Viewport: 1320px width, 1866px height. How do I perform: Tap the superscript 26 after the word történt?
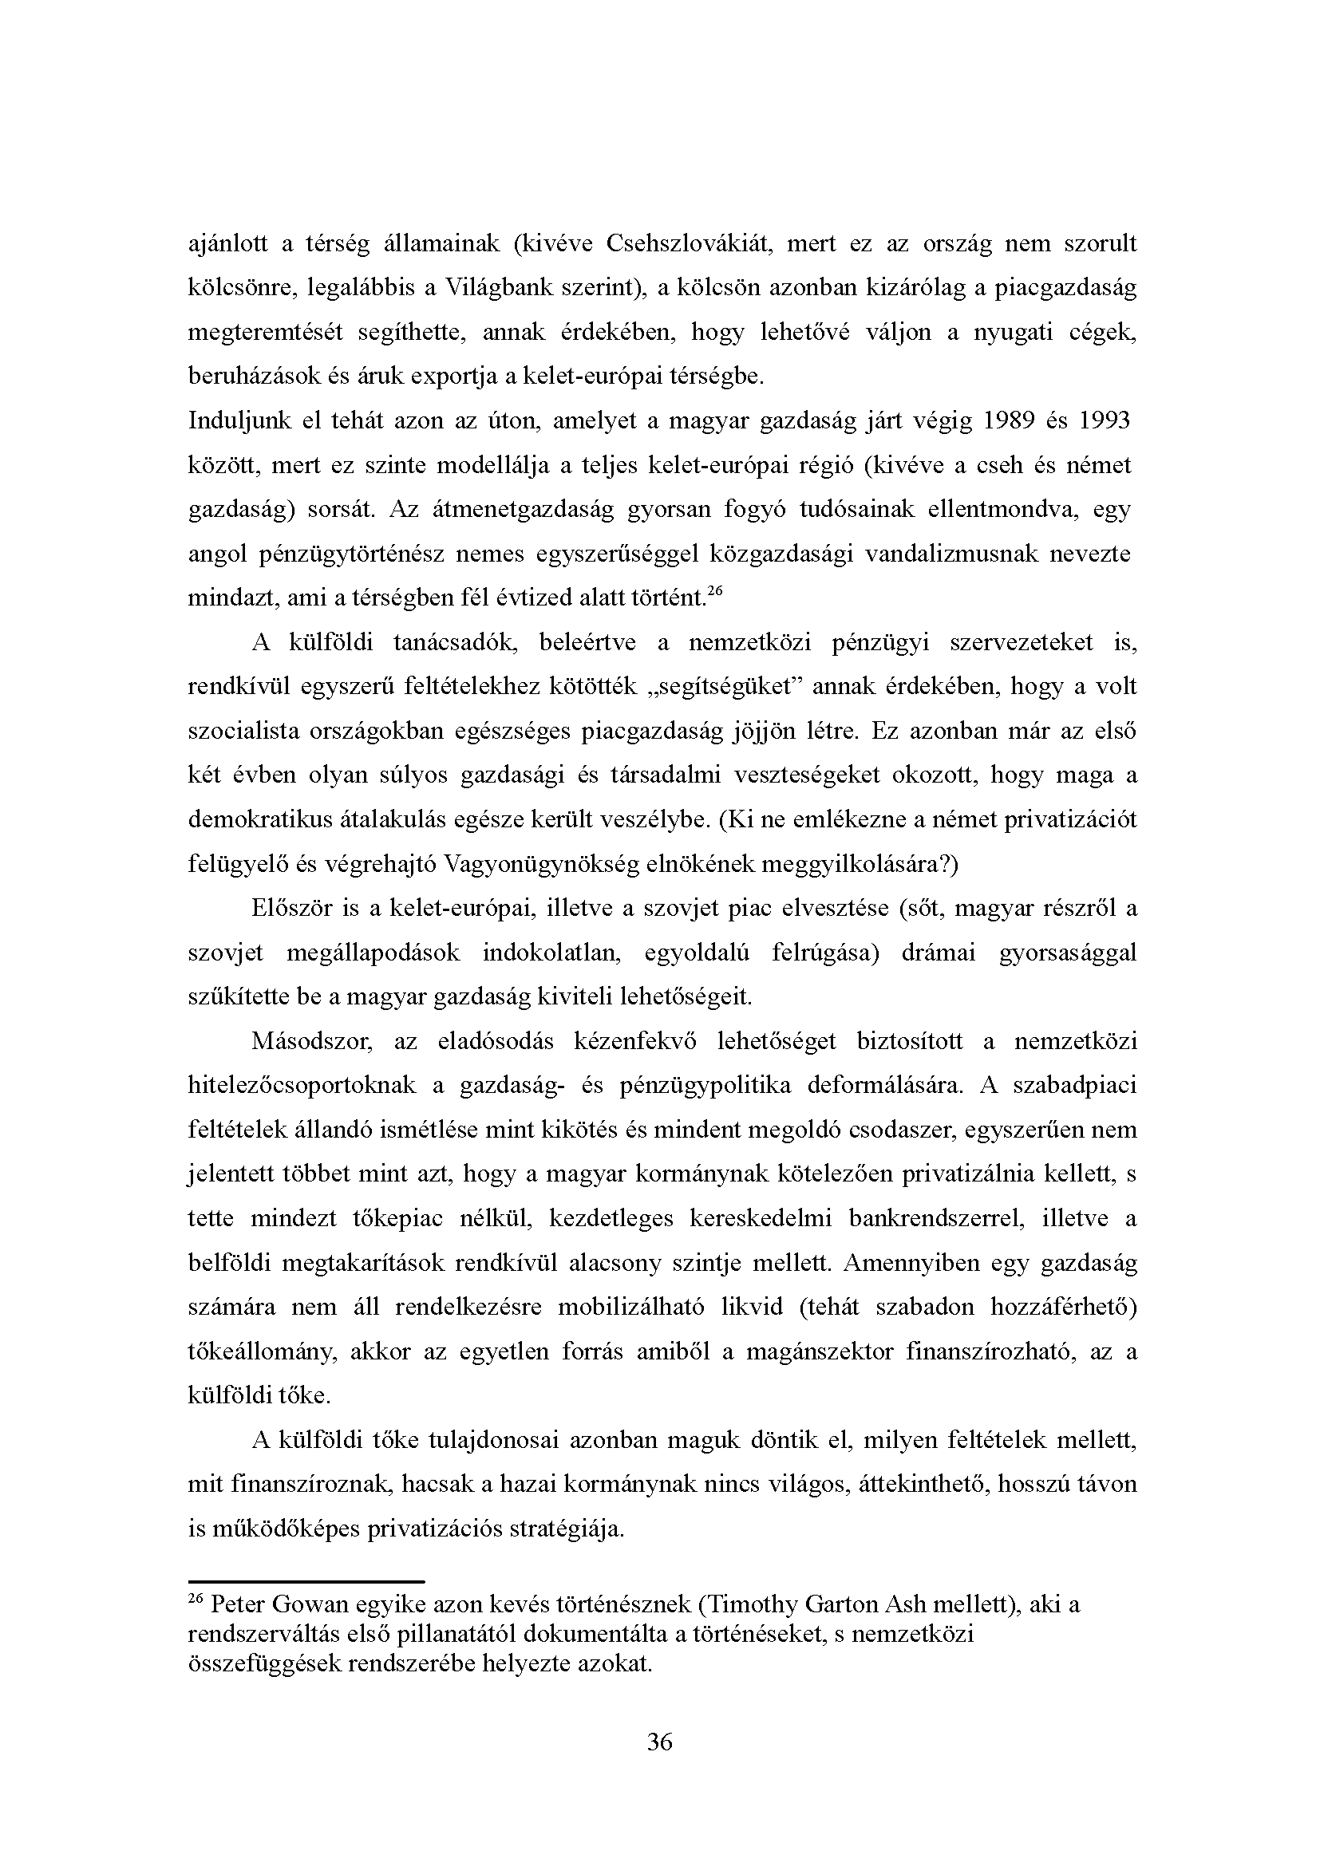point(714,593)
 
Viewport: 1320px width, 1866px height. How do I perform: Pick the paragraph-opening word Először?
point(293,908)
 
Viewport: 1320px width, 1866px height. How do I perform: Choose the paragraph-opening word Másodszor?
point(311,1041)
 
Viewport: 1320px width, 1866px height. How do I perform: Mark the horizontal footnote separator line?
point(306,1582)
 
